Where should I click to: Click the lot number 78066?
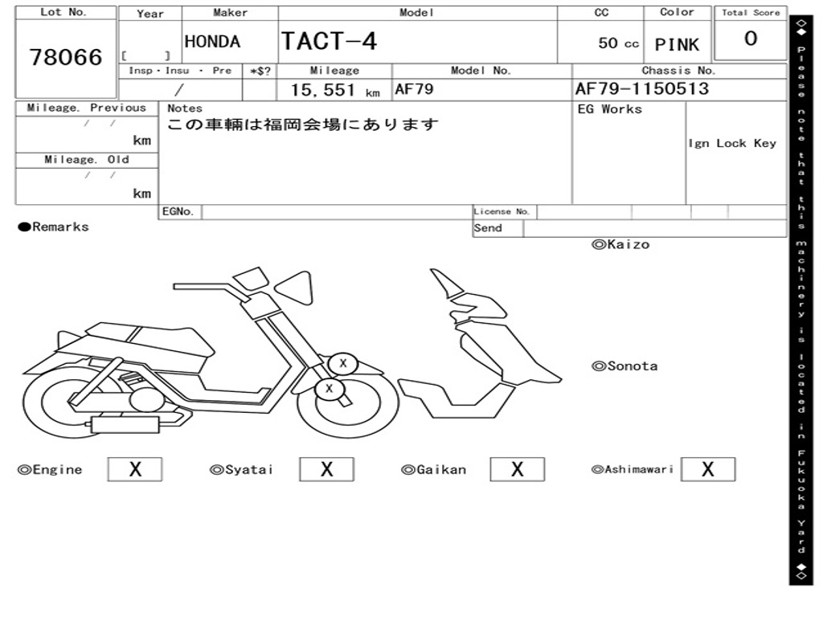click(66, 57)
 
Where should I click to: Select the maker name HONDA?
click(212, 42)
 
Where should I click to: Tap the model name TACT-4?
click(329, 40)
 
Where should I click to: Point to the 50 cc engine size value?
click(618, 43)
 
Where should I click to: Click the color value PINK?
click(677, 45)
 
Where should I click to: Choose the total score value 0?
click(751, 39)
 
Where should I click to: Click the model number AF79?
click(414, 89)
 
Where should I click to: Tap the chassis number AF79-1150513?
click(641, 88)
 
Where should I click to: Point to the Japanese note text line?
click(303, 125)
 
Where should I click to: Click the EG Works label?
click(610, 109)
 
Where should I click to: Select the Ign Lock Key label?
click(732, 143)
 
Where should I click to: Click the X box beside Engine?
click(135, 469)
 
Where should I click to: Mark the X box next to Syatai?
click(326, 469)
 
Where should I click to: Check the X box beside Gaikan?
click(517, 469)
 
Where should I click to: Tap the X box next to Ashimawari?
click(707, 469)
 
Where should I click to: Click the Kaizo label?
click(620, 244)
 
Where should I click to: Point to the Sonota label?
click(624, 366)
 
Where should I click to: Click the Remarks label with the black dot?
click(54, 227)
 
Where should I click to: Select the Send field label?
click(488, 228)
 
